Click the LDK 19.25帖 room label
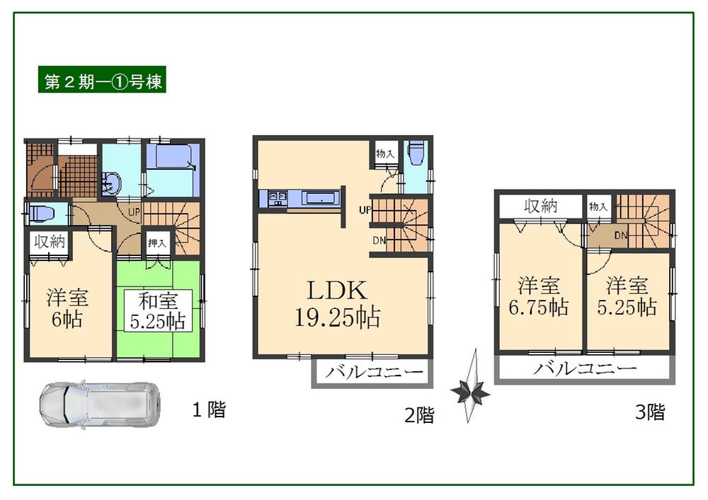336,304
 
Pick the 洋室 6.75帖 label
539,297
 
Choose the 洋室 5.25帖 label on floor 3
627,297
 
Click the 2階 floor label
418,415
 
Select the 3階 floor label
650,412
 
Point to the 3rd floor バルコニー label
585,368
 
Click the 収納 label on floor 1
48,241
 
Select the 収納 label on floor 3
540,206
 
